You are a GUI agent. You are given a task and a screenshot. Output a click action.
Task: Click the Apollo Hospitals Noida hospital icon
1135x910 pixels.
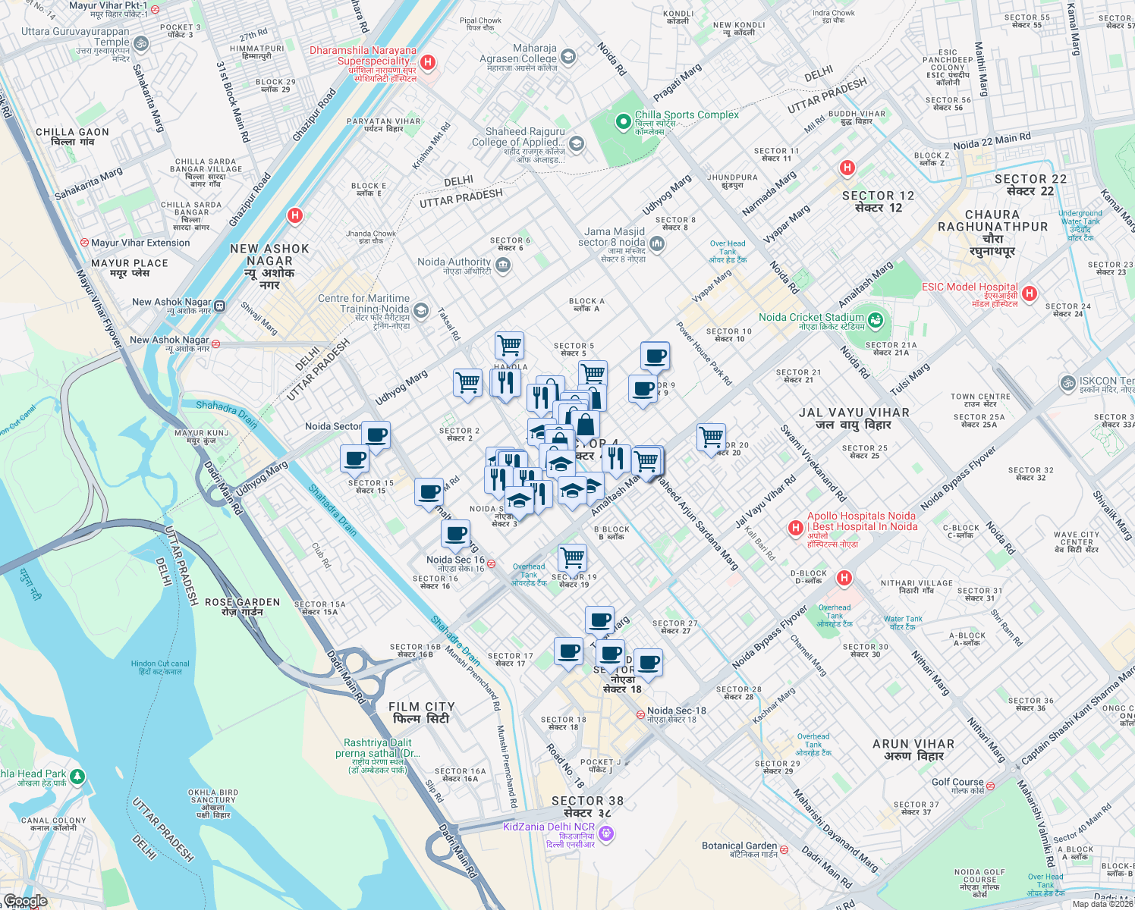tap(795, 528)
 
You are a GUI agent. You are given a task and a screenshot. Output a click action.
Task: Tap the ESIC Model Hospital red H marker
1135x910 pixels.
tap(1029, 293)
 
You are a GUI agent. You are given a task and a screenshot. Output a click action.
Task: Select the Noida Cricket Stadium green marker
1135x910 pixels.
tap(875, 320)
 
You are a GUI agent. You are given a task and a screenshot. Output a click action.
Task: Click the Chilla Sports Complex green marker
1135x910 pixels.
tap(623, 121)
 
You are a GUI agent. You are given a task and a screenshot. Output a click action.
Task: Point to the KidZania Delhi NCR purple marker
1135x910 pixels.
tap(605, 834)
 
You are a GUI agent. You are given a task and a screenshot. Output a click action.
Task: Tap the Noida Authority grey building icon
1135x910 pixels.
tap(503, 265)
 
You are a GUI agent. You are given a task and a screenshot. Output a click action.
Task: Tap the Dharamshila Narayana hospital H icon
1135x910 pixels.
tap(428, 62)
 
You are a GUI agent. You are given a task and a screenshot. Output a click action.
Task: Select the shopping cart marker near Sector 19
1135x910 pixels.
tap(573, 557)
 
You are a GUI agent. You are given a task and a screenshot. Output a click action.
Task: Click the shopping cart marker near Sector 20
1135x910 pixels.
tap(711, 437)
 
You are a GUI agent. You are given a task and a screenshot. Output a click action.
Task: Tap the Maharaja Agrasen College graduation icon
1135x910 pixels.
tap(567, 56)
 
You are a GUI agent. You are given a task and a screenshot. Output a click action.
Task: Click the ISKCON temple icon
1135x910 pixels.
tap(1068, 383)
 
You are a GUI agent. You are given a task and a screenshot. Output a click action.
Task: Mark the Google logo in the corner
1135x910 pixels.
tap(25, 901)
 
